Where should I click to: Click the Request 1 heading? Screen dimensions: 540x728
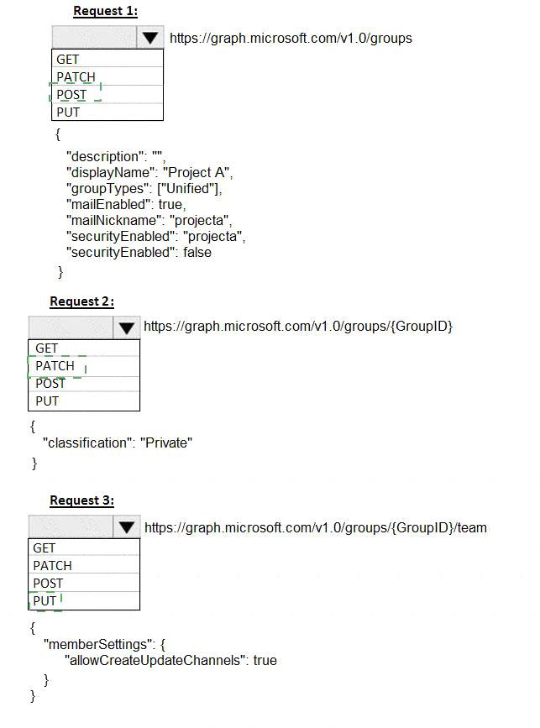point(106,11)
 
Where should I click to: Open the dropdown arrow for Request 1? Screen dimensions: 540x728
point(150,38)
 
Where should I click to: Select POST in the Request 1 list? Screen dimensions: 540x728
point(71,95)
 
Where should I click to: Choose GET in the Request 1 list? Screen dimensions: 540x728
point(68,60)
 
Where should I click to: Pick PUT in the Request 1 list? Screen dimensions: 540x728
point(68,113)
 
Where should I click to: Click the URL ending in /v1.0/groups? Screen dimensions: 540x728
point(291,38)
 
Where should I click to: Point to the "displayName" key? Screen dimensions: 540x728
point(108,172)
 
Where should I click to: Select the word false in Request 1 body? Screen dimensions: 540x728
point(197,252)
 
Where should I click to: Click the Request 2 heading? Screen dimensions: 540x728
point(82,301)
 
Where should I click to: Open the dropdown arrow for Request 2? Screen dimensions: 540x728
point(126,327)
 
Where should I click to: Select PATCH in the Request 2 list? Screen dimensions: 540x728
point(55,366)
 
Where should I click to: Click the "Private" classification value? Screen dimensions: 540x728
point(166,443)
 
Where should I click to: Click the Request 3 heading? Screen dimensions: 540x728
point(82,500)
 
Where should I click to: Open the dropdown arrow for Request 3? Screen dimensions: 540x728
point(126,527)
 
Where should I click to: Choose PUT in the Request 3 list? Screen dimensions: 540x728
point(45,600)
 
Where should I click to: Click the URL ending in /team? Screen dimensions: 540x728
point(316,528)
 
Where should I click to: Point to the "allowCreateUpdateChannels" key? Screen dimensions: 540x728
point(155,660)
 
